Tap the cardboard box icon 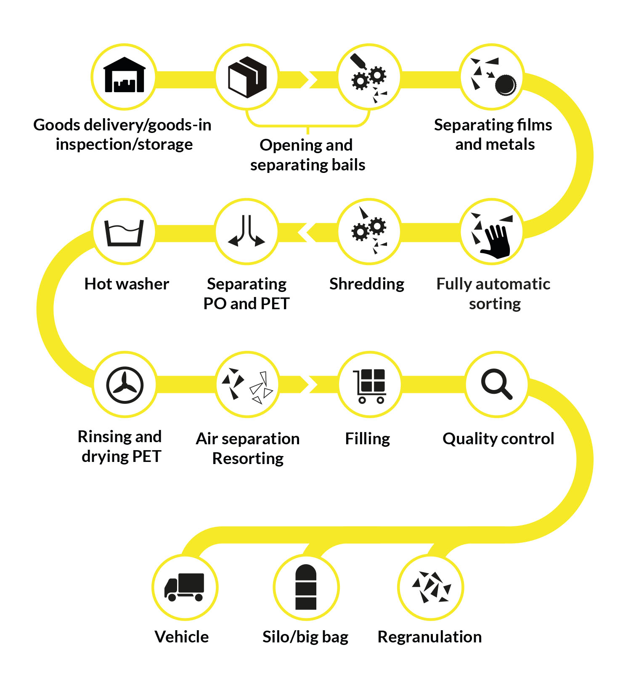click(247, 77)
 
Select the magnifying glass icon click(497, 384)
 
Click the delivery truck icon click(184, 587)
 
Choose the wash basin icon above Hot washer click(124, 232)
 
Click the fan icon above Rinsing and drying click(125, 385)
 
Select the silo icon click(306, 587)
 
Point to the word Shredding click(367, 284)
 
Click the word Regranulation click(430, 637)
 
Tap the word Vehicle click(182, 637)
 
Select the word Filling click(368, 439)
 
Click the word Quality click(471, 439)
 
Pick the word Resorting click(248, 459)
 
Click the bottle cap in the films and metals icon click(505, 85)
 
